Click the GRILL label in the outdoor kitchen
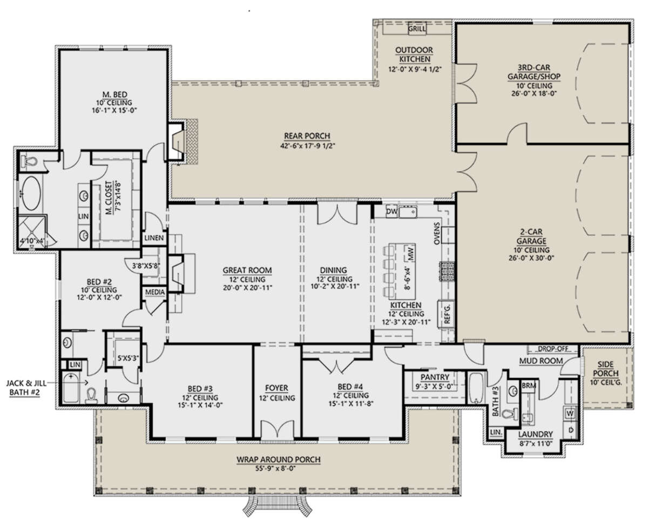(x=417, y=29)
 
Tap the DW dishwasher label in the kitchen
(x=391, y=212)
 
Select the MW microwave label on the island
(x=411, y=254)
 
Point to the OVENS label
(x=437, y=233)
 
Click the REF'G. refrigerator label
(x=447, y=314)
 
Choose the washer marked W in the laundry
(x=570, y=413)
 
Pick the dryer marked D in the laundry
(x=571, y=430)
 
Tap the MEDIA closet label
(x=155, y=292)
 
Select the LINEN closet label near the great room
(x=154, y=238)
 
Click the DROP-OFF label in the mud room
(x=553, y=349)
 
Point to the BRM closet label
(x=529, y=385)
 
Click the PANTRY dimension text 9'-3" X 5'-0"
(x=434, y=386)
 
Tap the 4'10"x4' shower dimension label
(x=32, y=241)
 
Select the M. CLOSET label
(x=109, y=198)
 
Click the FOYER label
(x=276, y=388)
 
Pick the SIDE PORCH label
(x=605, y=369)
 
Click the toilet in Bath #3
(x=510, y=413)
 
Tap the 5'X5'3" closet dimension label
(x=128, y=359)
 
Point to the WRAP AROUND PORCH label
(x=278, y=460)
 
